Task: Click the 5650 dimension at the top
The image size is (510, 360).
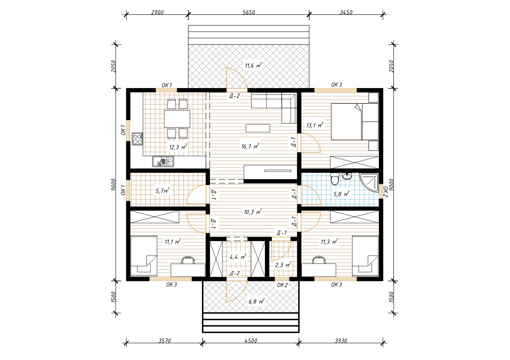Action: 248,12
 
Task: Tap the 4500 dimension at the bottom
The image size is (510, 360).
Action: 250,341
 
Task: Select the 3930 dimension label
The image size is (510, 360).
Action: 341,341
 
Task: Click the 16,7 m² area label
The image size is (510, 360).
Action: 250,146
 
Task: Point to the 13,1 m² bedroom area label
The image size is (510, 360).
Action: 315,125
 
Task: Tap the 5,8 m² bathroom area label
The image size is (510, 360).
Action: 341,194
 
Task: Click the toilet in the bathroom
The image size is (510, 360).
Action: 335,179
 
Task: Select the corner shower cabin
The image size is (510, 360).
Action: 369,182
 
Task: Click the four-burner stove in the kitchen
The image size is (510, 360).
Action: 137,139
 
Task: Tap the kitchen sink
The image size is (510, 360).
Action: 163,161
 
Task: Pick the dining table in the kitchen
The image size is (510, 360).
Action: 177,119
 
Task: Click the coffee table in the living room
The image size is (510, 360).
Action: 258,128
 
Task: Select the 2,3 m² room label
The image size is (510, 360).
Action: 283,265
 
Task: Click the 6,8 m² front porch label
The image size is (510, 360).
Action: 256,302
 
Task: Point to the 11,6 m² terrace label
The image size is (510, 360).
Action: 253,66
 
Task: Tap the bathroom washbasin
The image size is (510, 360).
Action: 347,176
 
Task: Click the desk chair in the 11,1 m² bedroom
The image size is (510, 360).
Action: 188,260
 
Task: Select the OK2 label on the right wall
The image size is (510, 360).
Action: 385,191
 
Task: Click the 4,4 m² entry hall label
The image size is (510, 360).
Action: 238,257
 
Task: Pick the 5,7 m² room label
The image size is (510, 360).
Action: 162,190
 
